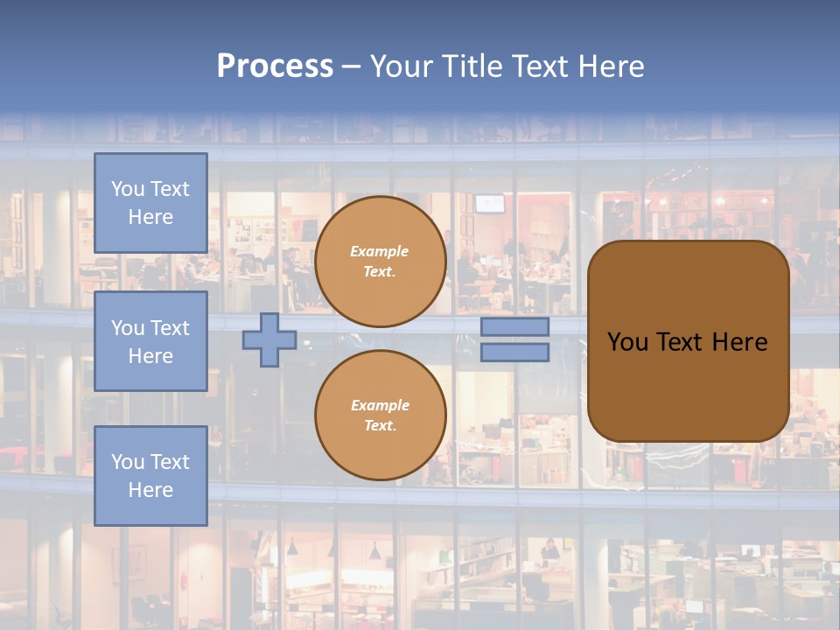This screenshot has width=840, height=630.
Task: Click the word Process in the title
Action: point(275,66)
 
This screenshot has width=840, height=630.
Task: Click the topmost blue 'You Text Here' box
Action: point(150,203)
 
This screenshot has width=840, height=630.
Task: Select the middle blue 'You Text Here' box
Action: point(150,341)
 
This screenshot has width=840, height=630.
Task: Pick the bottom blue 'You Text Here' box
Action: point(150,476)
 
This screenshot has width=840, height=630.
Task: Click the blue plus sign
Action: point(269,339)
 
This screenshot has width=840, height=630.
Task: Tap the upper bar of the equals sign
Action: point(514,326)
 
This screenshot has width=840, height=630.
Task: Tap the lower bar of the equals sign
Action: point(514,352)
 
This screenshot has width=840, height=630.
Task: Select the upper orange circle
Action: point(381,262)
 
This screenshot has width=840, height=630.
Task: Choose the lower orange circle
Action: point(381,415)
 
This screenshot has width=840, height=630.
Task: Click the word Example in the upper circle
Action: point(380,251)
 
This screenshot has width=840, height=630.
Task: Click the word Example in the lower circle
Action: point(380,405)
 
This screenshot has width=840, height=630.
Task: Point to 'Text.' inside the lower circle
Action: point(380,426)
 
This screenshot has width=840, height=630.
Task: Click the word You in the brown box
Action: point(627,342)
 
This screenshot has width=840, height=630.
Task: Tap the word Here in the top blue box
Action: point(150,217)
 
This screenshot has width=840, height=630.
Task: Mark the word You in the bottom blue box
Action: point(128,462)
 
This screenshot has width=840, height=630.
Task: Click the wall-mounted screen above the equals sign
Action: point(491,203)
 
